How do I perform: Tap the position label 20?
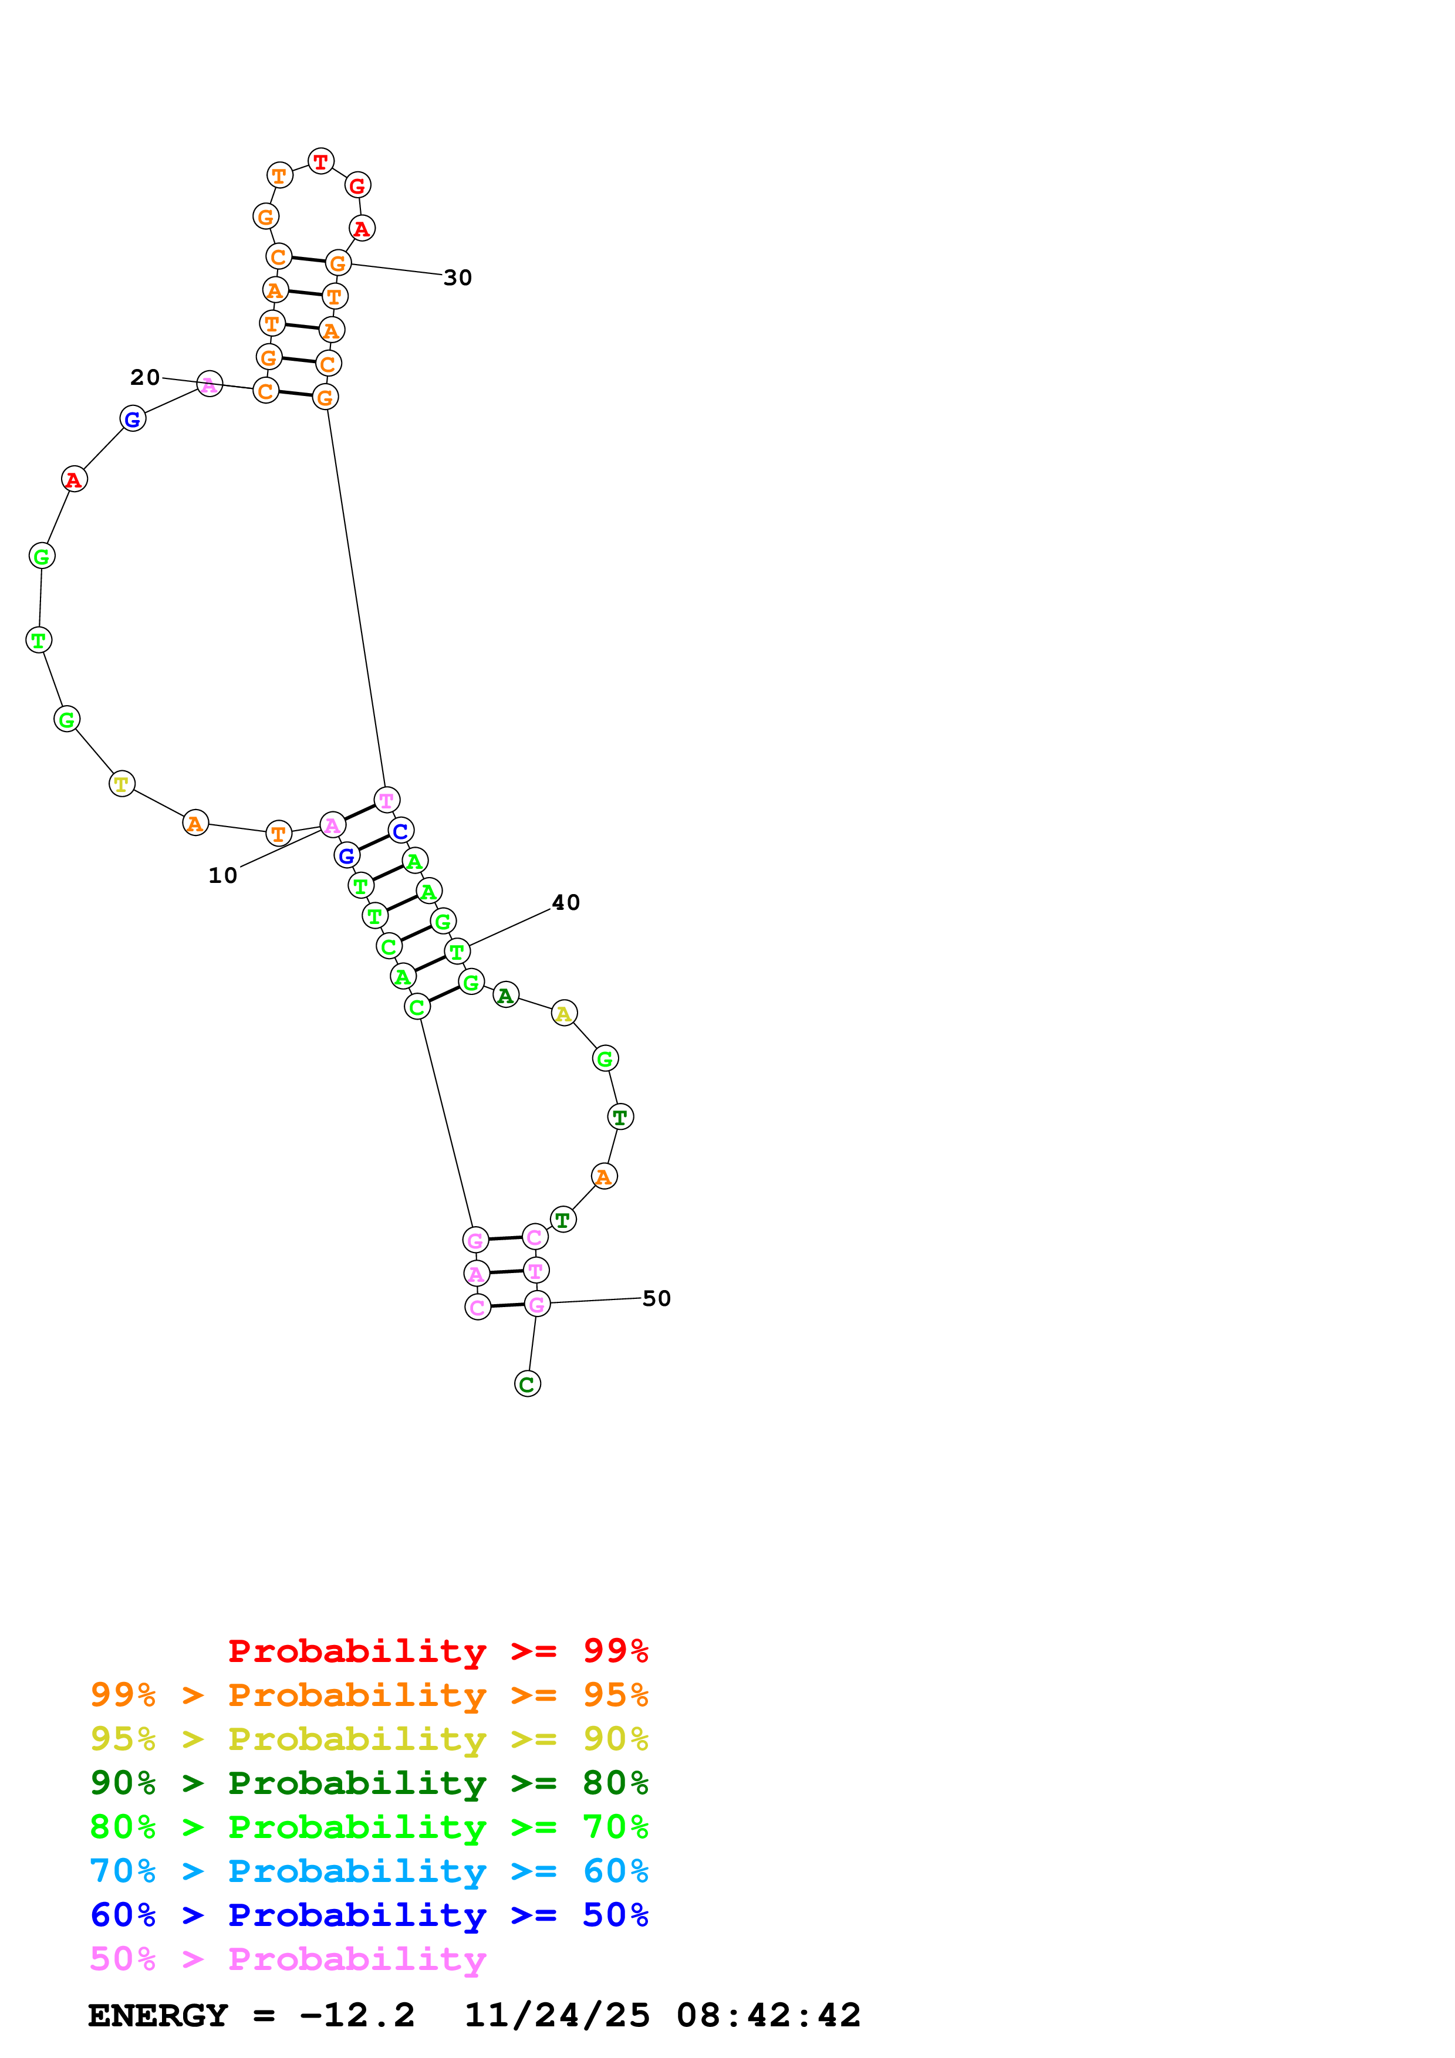coord(145,377)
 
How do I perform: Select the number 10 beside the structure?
coord(222,876)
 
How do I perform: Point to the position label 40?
coord(566,903)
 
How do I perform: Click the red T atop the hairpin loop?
coord(321,161)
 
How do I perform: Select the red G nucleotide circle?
coord(357,185)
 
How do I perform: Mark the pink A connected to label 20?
coord(210,384)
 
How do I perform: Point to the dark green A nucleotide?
coord(505,995)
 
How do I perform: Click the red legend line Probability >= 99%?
coord(437,1650)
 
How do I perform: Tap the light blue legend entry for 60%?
coord(369,1871)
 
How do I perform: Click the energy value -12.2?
coord(357,2016)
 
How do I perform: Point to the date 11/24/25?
coord(557,2016)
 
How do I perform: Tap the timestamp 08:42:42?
coord(768,2016)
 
